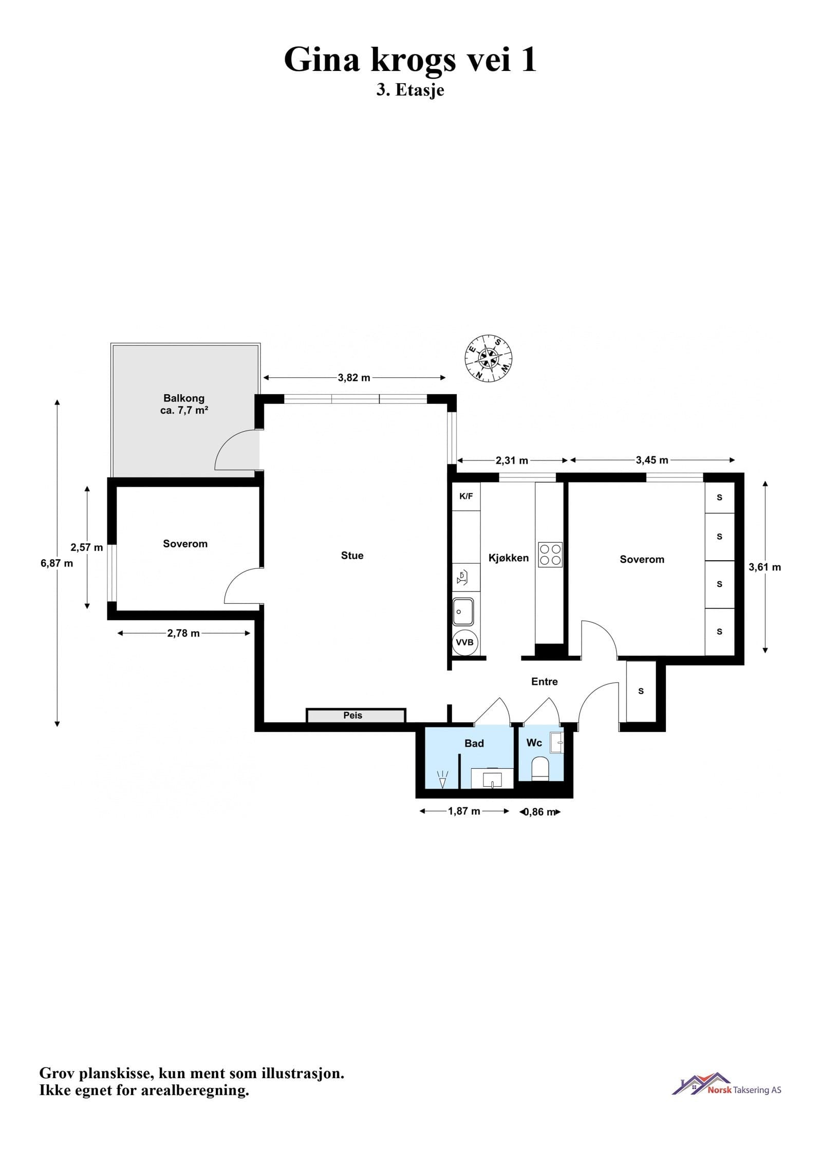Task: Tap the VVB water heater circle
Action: click(x=465, y=642)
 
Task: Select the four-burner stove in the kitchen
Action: click(x=550, y=554)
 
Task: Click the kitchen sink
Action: click(x=462, y=612)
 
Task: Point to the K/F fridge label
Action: click(x=466, y=496)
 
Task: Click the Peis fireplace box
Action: click(x=356, y=715)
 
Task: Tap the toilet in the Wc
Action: click(x=540, y=769)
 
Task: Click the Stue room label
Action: click(x=352, y=556)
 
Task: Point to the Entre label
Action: click(x=544, y=681)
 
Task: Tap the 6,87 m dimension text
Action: click(x=57, y=563)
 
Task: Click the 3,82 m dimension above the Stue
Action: click(x=354, y=378)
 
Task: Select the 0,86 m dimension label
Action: click(x=540, y=813)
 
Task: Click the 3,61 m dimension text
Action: click(x=764, y=567)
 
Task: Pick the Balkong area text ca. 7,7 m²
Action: click(x=184, y=411)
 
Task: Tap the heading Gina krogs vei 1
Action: click(x=410, y=60)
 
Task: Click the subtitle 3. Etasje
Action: click(x=410, y=90)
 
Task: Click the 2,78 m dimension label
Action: click(x=183, y=634)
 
